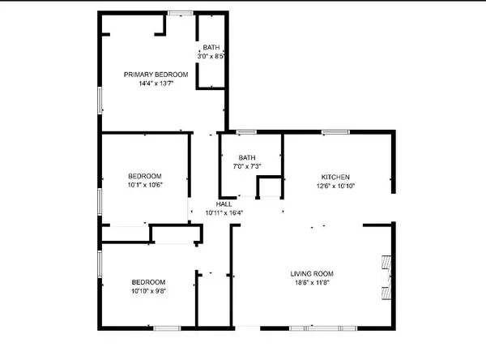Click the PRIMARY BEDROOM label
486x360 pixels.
[151, 75]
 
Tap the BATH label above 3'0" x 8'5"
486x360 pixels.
[211, 48]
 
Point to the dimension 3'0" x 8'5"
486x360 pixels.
[211, 57]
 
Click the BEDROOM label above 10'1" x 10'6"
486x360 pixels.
[145, 176]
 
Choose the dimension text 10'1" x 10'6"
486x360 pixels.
[145, 185]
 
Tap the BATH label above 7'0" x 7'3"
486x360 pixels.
[247, 157]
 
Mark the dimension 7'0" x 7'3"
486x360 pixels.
[247, 166]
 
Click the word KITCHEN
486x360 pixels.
[335, 177]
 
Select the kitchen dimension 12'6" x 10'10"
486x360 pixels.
[335, 186]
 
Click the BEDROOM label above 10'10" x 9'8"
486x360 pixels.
[148, 281]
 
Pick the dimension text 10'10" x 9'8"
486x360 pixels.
[148, 290]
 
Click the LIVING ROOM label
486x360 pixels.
[313, 273]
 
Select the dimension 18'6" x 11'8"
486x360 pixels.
[313, 283]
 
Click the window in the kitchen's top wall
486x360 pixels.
[335, 131]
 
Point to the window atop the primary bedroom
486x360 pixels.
[181, 12]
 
